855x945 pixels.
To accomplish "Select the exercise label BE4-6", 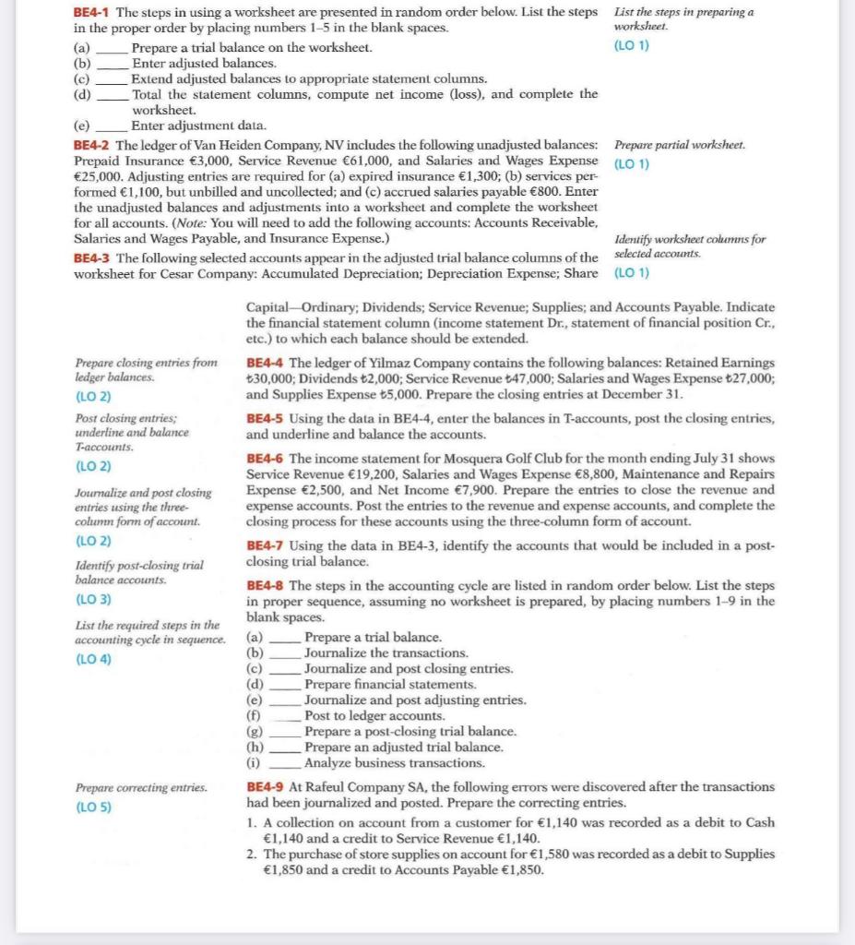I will pyautogui.click(x=267, y=459).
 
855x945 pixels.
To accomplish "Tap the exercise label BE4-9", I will pyautogui.click(x=267, y=787).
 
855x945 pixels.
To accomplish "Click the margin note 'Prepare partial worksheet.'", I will pyautogui.click(x=680, y=146).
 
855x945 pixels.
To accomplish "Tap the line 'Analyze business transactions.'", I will pyautogui.click(x=394, y=763).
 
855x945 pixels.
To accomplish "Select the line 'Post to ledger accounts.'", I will pyautogui.click(x=374, y=716).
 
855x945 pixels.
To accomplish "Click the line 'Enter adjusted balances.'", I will pyautogui.click(x=204, y=63).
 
